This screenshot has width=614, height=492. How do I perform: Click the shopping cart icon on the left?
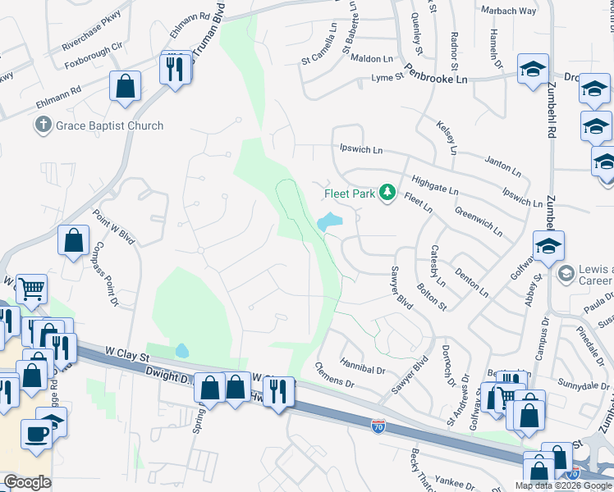[31, 289]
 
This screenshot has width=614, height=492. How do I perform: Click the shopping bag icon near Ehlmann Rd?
[125, 88]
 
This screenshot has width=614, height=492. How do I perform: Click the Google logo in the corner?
[26, 482]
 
